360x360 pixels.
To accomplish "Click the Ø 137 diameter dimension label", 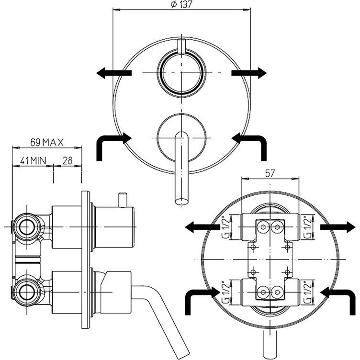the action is pyautogui.click(x=181, y=5).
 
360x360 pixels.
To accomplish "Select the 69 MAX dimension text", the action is pyautogui.click(x=47, y=143).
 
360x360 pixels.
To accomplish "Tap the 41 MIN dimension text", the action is pyautogui.click(x=33, y=160).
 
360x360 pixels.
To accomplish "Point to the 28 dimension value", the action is pyautogui.click(x=67, y=160).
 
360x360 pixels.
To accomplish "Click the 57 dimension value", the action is pyautogui.click(x=270, y=173).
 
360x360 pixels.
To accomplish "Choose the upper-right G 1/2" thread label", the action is pyautogui.click(x=308, y=227).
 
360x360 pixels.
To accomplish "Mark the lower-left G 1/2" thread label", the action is pyautogui.click(x=226, y=292).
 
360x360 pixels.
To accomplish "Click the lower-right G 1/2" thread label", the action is pyautogui.click(x=308, y=292).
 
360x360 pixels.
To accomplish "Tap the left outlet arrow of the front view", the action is pyautogui.click(x=114, y=73).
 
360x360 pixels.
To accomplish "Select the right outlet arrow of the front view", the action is pyautogui.click(x=249, y=73).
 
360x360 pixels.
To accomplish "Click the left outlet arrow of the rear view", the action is pyautogui.click(x=202, y=227).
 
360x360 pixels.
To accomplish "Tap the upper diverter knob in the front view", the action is pyautogui.click(x=181, y=73).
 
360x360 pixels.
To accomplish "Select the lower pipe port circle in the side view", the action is pyautogui.click(x=27, y=292).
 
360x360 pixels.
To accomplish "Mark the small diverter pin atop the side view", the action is pyautogui.click(x=123, y=200).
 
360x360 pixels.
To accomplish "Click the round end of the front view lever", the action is pyautogui.click(x=181, y=202).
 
